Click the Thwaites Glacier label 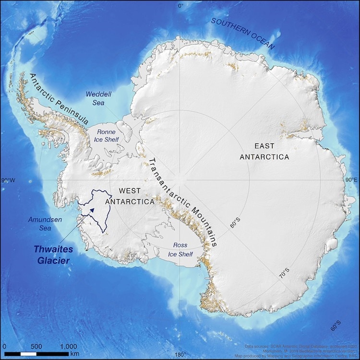point(51,255)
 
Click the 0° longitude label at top point(180,6)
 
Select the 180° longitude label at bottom point(180,355)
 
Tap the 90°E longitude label point(352,180)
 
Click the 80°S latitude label point(235,223)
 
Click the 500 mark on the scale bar point(36,346)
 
